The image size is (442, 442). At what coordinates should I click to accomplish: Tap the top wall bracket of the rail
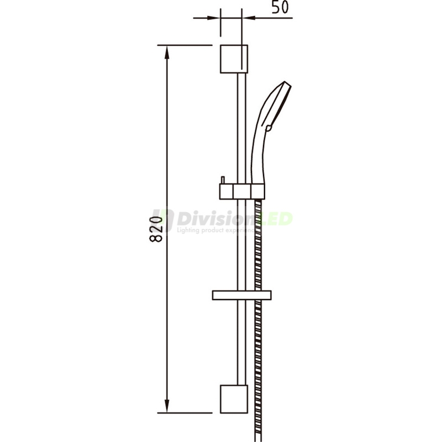click(x=234, y=59)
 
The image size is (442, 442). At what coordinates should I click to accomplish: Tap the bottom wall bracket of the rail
click(x=234, y=398)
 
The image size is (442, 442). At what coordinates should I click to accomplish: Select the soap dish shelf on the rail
click(x=241, y=294)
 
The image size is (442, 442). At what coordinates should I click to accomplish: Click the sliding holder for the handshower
click(x=241, y=191)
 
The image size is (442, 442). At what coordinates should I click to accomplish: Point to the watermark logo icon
click(x=163, y=221)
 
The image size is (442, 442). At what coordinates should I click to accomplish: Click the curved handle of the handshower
click(x=258, y=149)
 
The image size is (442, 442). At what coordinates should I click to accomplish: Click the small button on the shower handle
click(x=269, y=128)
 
